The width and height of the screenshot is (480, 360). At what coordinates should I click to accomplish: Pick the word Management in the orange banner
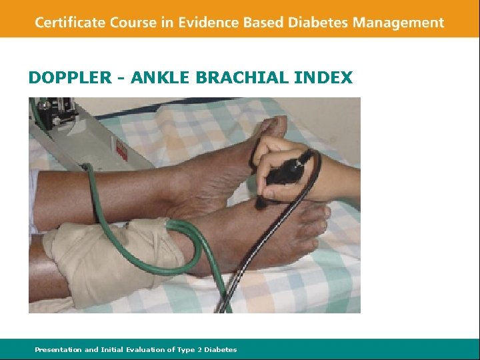point(399,23)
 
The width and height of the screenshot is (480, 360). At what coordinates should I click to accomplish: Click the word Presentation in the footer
point(58,349)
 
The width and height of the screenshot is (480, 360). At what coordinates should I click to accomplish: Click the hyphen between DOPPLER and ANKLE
point(121,79)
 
